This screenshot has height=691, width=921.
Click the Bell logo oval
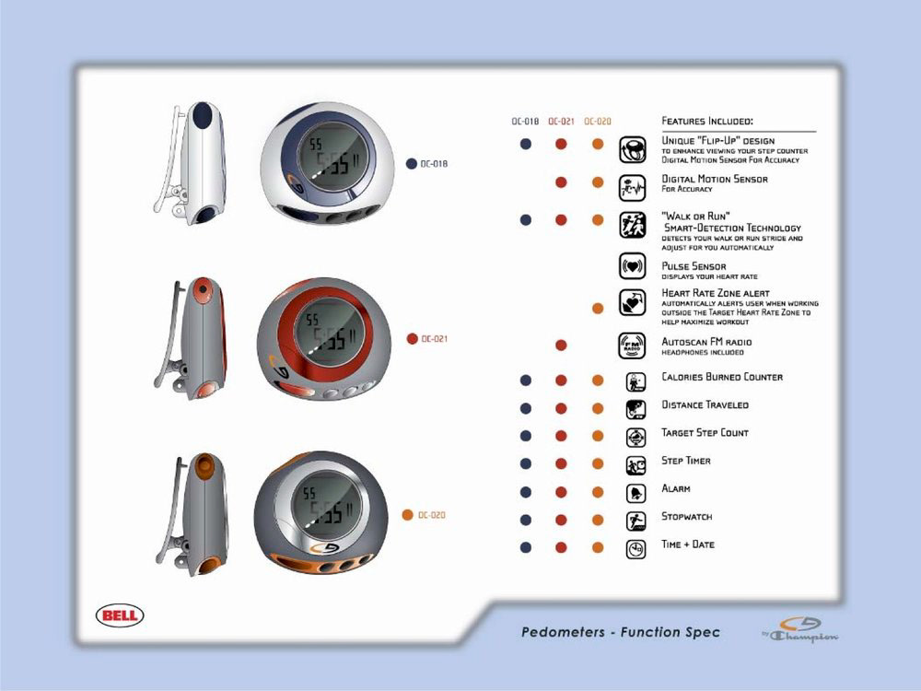point(120,615)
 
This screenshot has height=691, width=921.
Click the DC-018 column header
point(525,121)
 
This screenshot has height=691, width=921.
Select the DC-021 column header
point(561,121)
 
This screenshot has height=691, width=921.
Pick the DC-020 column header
point(598,121)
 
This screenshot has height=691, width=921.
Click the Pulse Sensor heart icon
point(632,266)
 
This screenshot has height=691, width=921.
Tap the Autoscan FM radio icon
point(632,345)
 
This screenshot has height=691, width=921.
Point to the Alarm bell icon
point(635,493)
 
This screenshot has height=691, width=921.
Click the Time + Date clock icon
point(635,549)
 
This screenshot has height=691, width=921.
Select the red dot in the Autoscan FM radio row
point(561,345)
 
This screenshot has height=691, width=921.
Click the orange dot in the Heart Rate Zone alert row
point(598,308)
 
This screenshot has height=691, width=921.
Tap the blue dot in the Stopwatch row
point(525,520)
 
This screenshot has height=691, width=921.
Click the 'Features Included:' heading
point(707,121)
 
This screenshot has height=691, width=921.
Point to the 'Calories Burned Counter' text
point(722,377)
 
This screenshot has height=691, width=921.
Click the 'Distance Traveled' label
point(705,404)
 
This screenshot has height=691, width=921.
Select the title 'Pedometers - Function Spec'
point(621,632)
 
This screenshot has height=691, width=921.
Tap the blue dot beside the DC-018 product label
point(412,164)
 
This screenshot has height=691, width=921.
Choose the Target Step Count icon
point(635,438)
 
